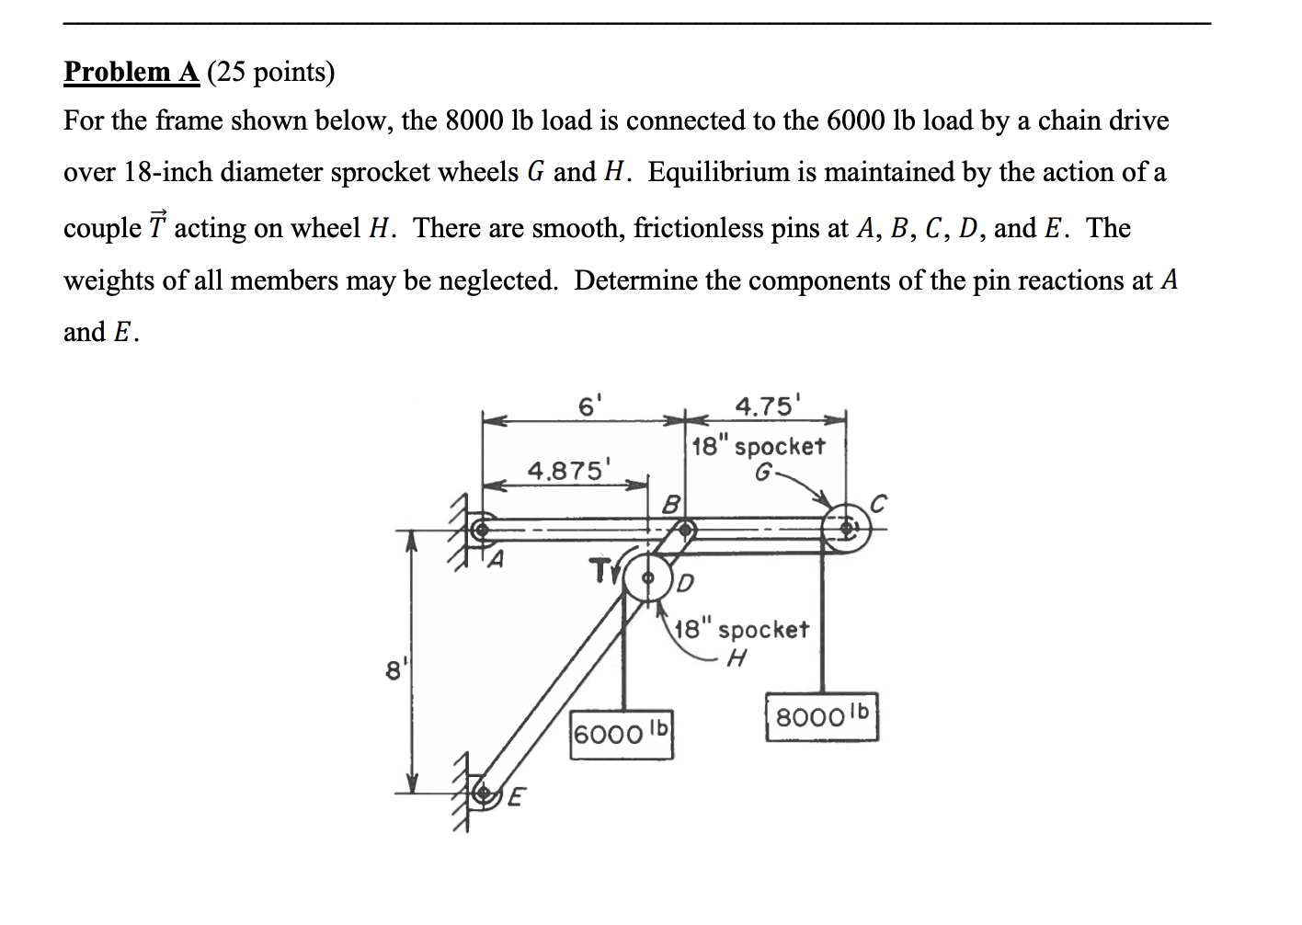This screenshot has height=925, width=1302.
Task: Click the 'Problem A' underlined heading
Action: click(x=131, y=72)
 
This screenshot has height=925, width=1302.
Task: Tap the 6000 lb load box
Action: click(x=622, y=734)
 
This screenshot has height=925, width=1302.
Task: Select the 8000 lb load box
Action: click(x=821, y=716)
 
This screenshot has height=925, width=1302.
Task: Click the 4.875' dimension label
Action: click(x=565, y=471)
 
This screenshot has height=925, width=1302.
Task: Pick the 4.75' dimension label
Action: click(x=768, y=405)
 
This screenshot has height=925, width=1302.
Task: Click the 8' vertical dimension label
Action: click(x=394, y=670)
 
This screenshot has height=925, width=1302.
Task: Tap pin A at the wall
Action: click(x=479, y=530)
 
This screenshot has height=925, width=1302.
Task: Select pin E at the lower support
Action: click(x=480, y=792)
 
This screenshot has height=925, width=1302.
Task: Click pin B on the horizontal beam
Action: click(x=686, y=529)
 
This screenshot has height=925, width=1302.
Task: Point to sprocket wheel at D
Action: click(x=648, y=578)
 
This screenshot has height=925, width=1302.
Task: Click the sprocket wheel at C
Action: click(x=846, y=529)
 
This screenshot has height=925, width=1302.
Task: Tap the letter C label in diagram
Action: click(x=878, y=504)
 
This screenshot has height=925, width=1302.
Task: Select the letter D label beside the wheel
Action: click(x=686, y=584)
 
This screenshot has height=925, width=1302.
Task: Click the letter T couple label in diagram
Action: click(x=600, y=570)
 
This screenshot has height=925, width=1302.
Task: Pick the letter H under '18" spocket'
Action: click(x=736, y=658)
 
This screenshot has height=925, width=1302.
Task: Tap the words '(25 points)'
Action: click(x=270, y=72)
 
